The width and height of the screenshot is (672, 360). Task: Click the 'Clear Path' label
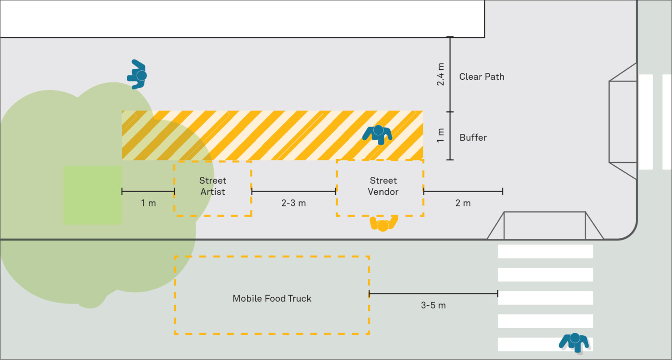[482, 77]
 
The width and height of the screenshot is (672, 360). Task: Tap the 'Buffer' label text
[473, 137]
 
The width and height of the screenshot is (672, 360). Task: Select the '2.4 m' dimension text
[441, 74]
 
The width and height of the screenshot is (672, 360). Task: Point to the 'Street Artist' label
[213, 186]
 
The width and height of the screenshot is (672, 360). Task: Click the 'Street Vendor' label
[383, 186]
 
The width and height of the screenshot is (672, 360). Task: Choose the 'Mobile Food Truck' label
[272, 299]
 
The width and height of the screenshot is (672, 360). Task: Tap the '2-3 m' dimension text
[293, 203]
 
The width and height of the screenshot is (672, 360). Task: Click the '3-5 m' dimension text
[433, 306]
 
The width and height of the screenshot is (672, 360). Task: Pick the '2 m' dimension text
[463, 203]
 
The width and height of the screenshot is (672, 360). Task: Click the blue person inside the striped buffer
[378, 133]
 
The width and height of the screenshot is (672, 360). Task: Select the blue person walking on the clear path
[138, 75]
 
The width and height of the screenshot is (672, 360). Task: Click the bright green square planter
[92, 195]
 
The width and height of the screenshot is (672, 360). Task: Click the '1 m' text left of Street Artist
[148, 203]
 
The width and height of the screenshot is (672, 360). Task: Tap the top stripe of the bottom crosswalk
[545, 251]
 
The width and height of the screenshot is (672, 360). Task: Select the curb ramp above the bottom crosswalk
[545, 226]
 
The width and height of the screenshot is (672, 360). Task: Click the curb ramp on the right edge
[623, 121]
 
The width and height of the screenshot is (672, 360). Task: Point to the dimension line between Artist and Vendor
[293, 191]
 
